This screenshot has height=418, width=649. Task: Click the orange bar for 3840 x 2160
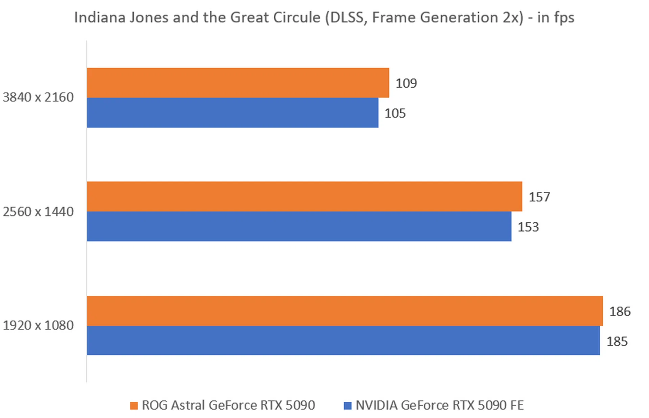(238, 83)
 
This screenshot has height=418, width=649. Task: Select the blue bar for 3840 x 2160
(233, 113)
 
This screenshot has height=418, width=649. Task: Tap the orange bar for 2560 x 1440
(304, 196)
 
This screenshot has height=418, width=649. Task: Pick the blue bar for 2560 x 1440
(299, 226)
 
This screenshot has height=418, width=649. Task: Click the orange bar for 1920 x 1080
(345, 311)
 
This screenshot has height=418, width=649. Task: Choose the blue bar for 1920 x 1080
(343, 340)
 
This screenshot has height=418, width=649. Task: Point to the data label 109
(406, 83)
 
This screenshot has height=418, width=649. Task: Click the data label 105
(395, 114)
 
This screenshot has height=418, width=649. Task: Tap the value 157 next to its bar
(539, 197)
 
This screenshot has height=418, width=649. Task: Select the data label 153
(528, 227)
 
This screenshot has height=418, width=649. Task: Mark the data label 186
(620, 312)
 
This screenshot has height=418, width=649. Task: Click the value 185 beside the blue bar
(617, 342)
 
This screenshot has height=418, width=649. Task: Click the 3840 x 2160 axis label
(38, 98)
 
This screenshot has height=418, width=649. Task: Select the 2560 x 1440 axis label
(38, 212)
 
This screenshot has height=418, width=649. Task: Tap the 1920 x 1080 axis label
(38, 325)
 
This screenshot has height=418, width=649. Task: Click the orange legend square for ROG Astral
(134, 405)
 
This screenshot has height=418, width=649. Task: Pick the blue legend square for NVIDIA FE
(347, 405)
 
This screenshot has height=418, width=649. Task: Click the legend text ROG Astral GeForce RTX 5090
(228, 405)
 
